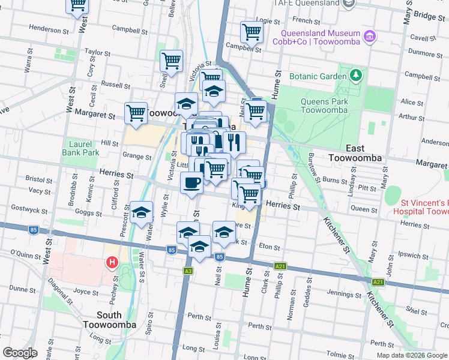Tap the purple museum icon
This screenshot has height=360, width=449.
tap(370, 37)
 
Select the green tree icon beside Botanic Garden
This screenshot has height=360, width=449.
tap(357, 76)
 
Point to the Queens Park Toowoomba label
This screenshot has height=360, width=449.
tap(324, 106)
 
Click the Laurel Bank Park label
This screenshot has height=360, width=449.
tap(80, 148)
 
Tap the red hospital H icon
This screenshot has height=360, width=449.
tap(112, 262)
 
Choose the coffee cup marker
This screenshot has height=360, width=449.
tap(191, 182)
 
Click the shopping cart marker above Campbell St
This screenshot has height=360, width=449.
tap(252, 32)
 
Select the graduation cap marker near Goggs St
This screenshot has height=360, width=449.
tap(141, 213)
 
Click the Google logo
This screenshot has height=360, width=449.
tap(20, 353)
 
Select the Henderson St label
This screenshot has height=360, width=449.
tap(45, 29)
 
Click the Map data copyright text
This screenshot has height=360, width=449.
tap(411, 355)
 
